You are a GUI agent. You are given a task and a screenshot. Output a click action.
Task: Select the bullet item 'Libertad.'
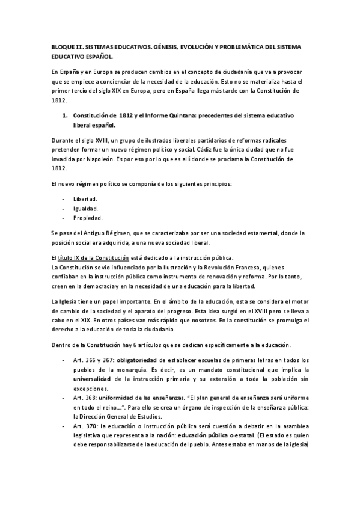[x=85, y=198]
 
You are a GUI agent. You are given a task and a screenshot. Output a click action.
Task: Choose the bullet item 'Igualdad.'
[x=85, y=208]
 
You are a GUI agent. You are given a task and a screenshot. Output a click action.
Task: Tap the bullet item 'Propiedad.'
[x=88, y=218]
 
